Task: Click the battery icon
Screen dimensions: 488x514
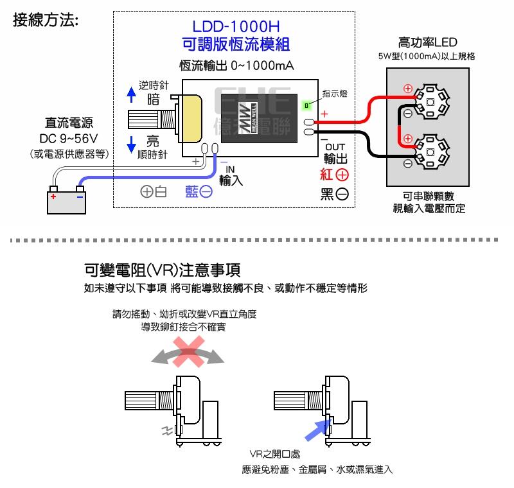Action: (x=66, y=199)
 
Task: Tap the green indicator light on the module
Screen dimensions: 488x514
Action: (x=307, y=105)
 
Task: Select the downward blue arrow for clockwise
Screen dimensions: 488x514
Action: (x=131, y=143)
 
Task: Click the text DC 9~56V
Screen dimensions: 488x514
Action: (x=68, y=139)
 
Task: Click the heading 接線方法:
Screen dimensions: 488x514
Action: (x=46, y=21)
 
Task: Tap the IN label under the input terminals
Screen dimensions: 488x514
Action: (x=231, y=170)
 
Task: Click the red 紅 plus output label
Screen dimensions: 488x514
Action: (x=335, y=175)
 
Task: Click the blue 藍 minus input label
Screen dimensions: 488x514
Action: (x=199, y=191)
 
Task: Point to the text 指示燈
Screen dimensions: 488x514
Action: (x=334, y=94)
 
